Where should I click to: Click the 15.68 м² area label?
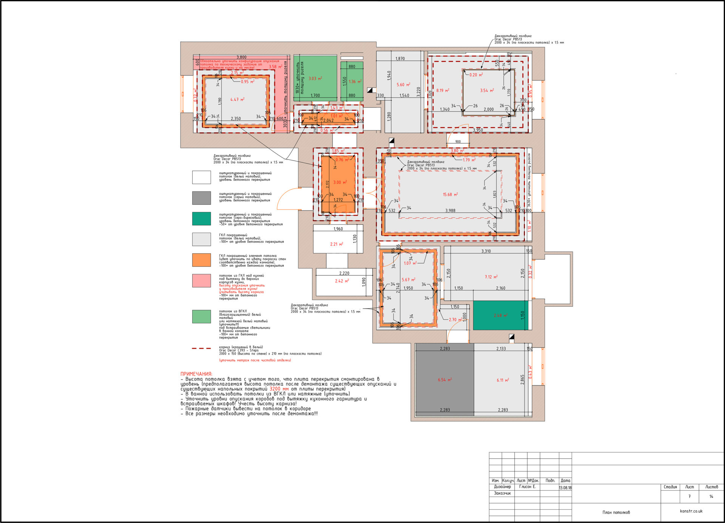point(450,194)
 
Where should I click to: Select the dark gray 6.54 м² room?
point(444,380)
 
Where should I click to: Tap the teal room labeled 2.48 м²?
point(500,315)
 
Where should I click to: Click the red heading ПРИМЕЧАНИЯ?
point(196,374)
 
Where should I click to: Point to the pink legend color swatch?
point(201,281)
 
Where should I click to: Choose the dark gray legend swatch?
point(201,197)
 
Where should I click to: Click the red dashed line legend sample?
point(201,348)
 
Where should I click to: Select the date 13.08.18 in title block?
point(565,488)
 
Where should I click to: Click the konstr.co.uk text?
point(691,511)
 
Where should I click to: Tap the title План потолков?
point(616,512)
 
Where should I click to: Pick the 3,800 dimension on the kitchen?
point(241,57)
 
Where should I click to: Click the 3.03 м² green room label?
point(315,79)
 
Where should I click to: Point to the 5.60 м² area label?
point(403,85)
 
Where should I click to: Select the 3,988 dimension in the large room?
point(450,211)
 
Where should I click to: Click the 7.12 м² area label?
point(491,277)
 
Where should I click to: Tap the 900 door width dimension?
point(458,142)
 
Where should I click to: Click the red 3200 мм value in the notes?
point(279,389)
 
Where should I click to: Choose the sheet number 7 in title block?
point(689,497)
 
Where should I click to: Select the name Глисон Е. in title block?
point(527,487)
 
